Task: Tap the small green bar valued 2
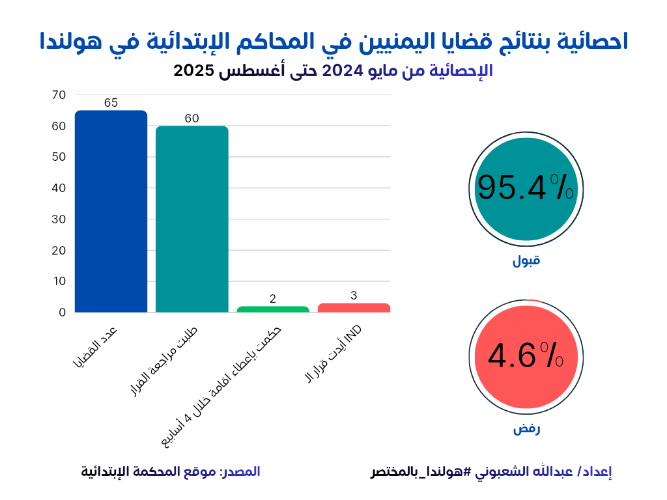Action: (273, 309)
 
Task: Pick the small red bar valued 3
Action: (354, 308)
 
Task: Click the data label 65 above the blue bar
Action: (111, 103)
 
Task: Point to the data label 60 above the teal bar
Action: (192, 118)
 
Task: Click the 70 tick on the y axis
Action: (59, 95)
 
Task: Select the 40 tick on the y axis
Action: (59, 188)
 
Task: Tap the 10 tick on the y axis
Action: (59, 281)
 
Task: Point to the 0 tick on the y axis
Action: (63, 312)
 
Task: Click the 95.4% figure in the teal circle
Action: (525, 188)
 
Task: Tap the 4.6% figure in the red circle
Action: (525, 356)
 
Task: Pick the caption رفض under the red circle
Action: (526, 429)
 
